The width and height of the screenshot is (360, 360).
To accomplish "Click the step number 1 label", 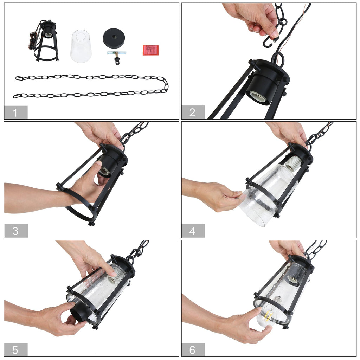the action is (15, 113).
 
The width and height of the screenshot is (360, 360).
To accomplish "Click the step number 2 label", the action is (192, 112).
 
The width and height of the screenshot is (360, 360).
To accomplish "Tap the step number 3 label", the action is (15, 231).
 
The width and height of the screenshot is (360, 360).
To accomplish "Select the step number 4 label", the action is (192, 231).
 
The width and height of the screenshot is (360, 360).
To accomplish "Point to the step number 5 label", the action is (15, 350).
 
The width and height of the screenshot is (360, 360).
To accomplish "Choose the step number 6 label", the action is (192, 350).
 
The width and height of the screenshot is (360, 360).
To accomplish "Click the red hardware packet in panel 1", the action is (150, 50).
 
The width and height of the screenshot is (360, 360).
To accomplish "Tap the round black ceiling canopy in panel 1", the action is (114, 38).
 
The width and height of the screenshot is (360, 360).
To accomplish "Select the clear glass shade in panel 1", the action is (81, 46).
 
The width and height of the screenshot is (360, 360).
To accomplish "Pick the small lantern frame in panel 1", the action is (45, 41).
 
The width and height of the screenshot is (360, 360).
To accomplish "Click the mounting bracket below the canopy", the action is (117, 57).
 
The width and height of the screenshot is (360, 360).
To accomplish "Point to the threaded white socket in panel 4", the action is (294, 164).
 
